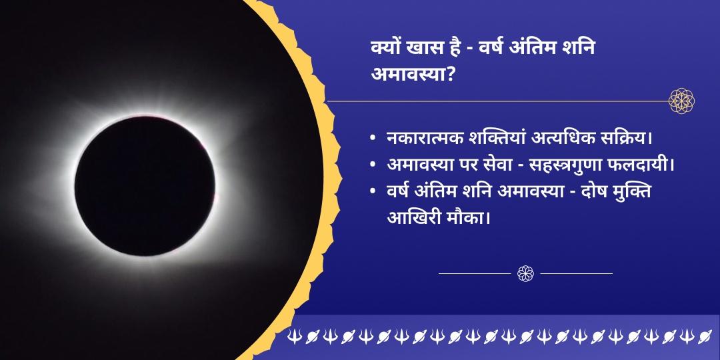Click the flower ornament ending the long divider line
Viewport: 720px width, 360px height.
pos(681,101)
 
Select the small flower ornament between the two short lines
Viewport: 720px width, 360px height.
pos(526,273)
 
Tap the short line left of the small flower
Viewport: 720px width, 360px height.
pos(475,273)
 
